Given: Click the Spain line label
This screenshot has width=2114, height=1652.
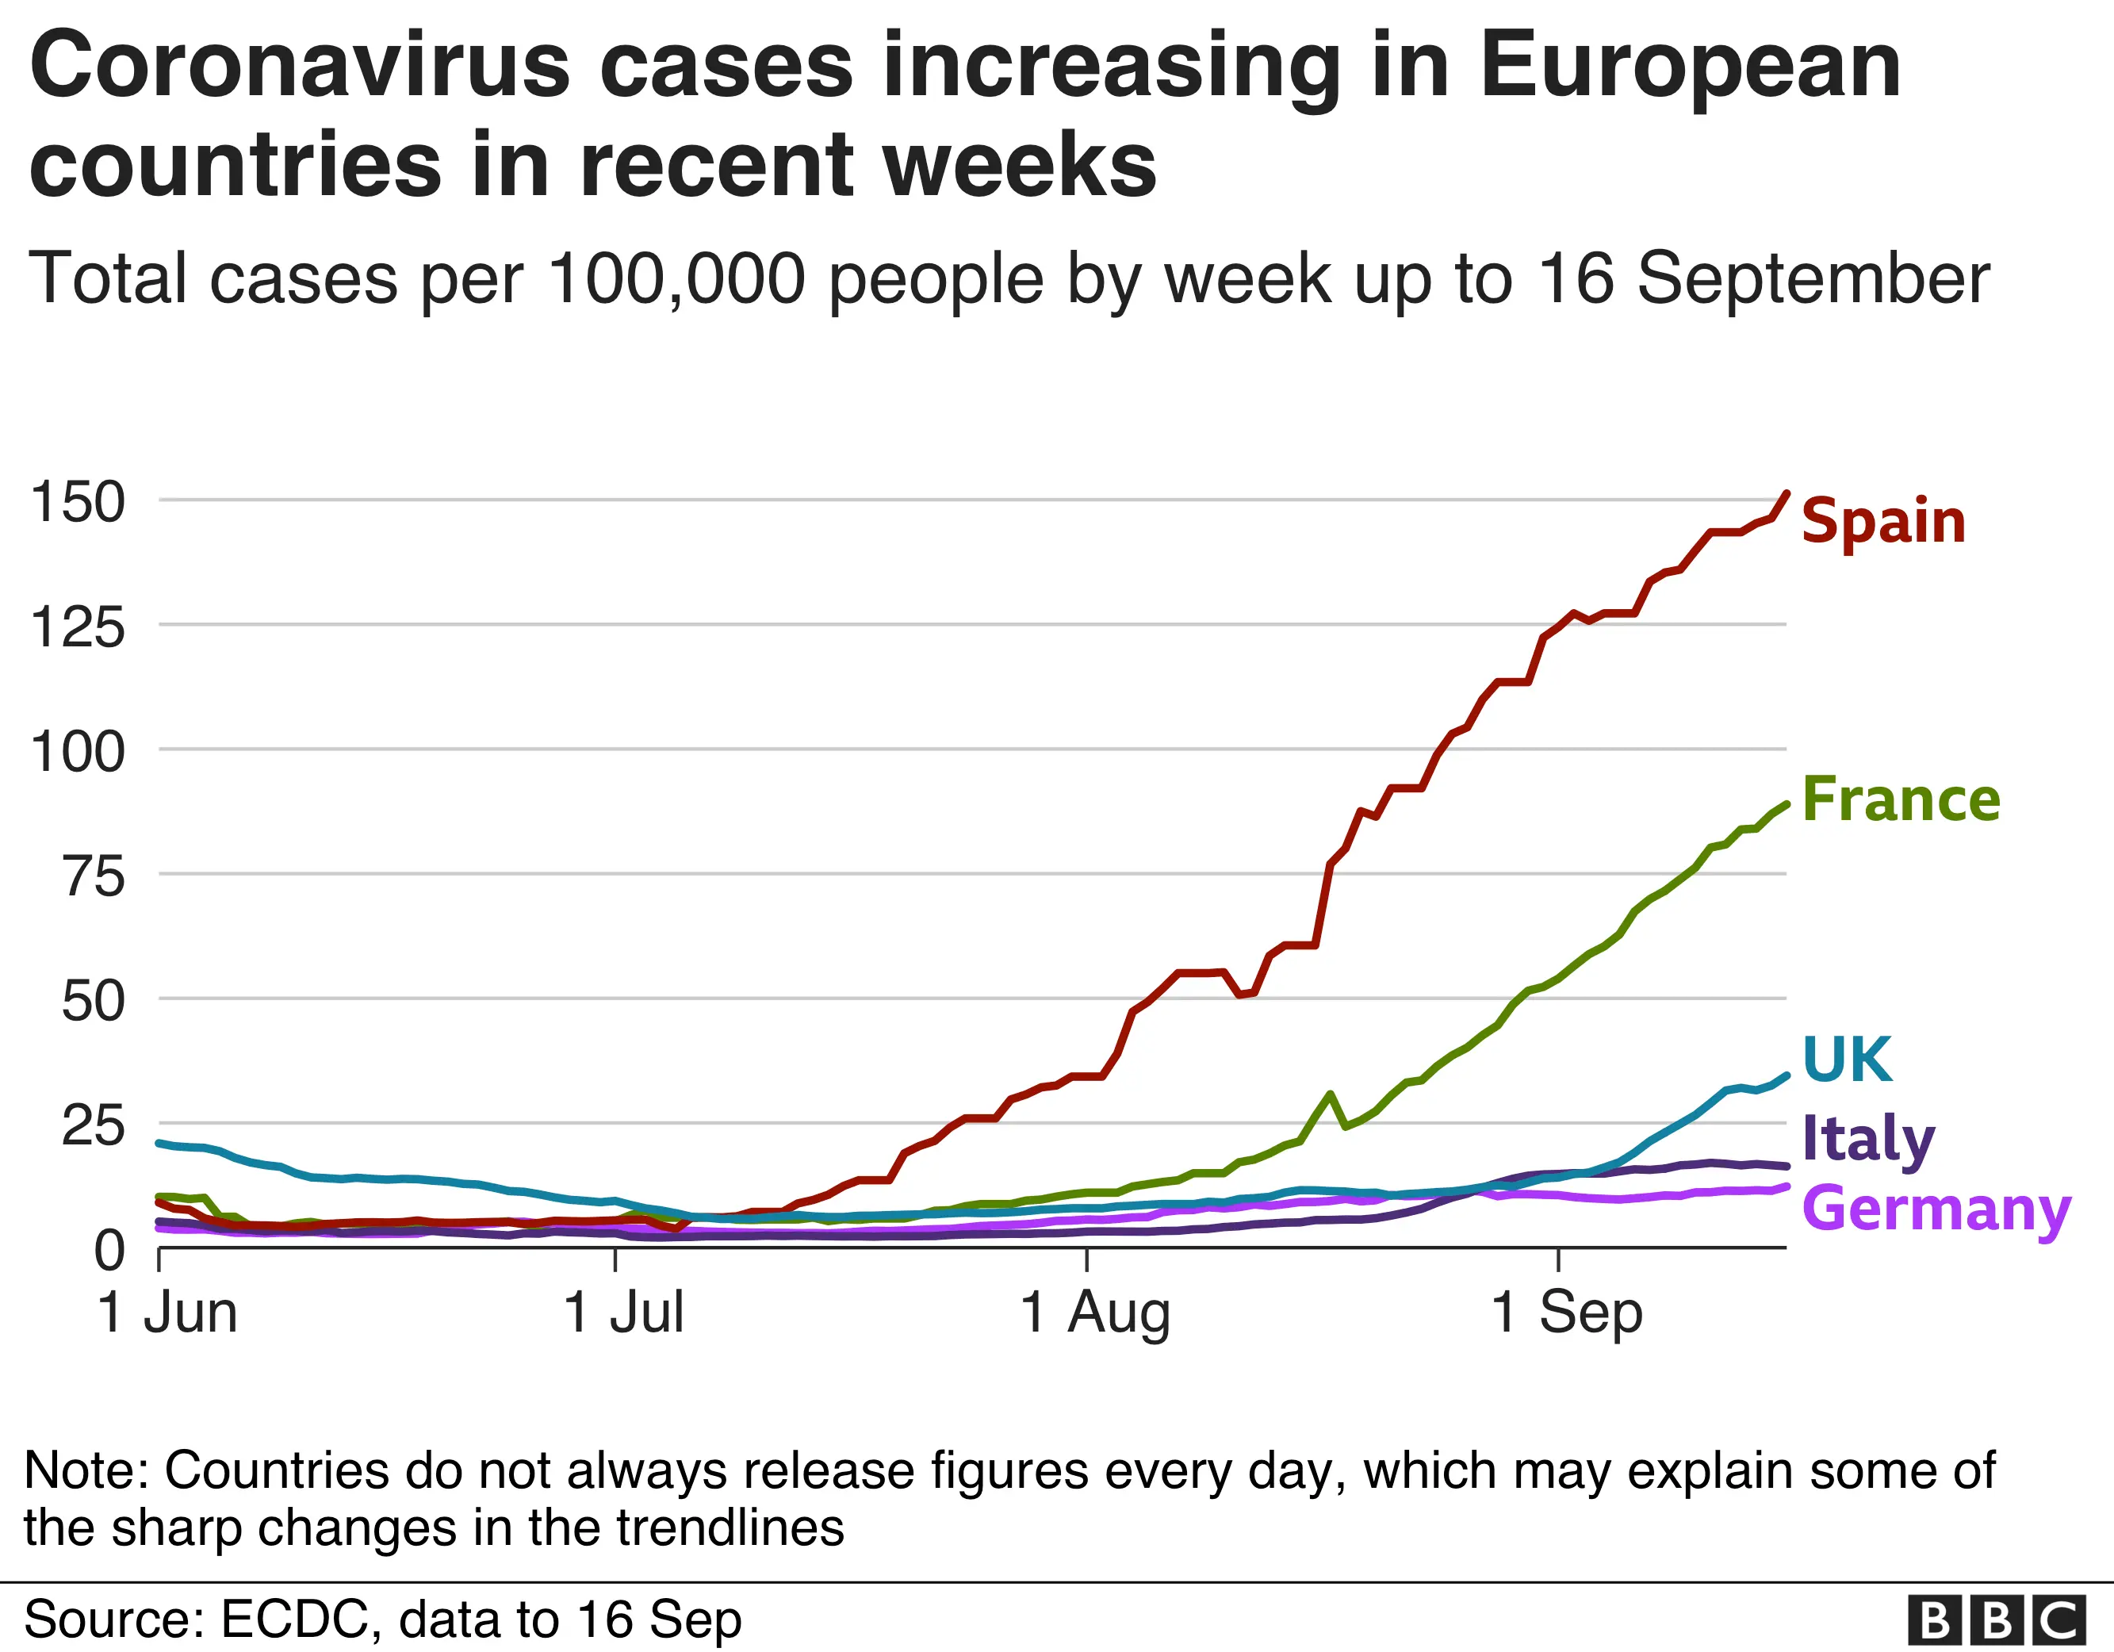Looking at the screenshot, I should (1882, 522).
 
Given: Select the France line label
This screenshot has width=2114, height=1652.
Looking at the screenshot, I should (1900, 800).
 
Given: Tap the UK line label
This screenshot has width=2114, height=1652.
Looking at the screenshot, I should (1847, 1060).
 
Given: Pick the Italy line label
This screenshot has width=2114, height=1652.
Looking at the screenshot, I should (1867, 1139).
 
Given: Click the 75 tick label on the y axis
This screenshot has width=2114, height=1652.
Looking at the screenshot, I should (94, 876).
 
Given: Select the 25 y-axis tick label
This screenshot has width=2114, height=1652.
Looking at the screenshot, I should (93, 1125).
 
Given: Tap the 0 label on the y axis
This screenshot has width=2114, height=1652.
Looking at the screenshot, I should (109, 1250).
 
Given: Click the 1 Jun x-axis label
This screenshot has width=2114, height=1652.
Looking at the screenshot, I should (167, 1313).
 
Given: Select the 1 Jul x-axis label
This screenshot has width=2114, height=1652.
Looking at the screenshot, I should (623, 1313).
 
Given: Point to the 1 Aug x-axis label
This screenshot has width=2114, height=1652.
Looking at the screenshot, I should (1095, 1313).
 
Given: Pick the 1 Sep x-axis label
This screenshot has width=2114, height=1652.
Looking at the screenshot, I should (1566, 1313).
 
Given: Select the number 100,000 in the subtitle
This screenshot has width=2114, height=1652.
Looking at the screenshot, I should (676, 279).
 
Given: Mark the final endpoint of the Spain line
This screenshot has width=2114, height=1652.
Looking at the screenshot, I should (1786, 493).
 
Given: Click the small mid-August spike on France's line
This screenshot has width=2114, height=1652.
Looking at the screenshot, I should (1331, 1095).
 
